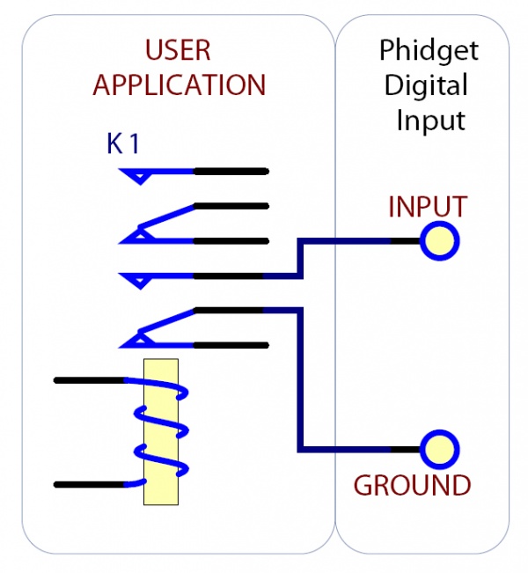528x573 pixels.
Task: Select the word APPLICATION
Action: coord(179,84)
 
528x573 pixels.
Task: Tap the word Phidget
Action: coord(429,50)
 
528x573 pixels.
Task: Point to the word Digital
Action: coord(427,85)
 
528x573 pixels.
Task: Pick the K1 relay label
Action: coord(123,144)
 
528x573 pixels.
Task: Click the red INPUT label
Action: coord(427,208)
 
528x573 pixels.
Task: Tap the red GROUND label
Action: coord(412,485)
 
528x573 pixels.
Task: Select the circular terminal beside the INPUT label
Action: coord(439,240)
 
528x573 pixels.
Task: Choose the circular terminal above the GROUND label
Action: coord(439,449)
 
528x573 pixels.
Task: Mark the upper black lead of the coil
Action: coord(88,380)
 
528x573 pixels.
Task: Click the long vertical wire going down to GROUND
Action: coord(301,378)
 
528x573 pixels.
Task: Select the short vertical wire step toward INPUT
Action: coord(301,258)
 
